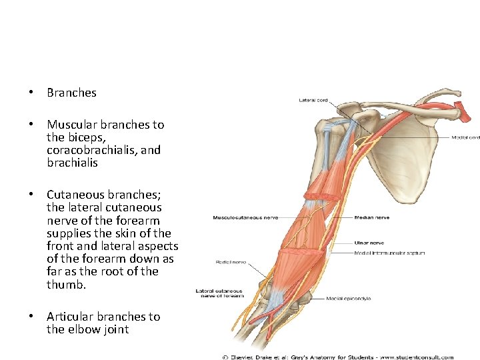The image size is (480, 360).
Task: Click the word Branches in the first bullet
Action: tap(71, 93)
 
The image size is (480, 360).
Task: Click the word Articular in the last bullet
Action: tap(68, 317)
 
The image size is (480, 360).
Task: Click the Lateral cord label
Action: tap(313, 101)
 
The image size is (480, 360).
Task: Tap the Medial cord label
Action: tap(465, 138)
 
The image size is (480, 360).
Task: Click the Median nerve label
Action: tap(371, 217)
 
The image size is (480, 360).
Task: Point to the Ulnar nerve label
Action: tap(368, 243)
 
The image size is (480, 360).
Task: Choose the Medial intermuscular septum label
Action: tap(389, 253)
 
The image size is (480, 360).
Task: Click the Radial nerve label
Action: tap(229, 263)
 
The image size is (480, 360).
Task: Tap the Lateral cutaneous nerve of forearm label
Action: tap(219, 293)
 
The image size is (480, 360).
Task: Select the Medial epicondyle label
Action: tap(348, 298)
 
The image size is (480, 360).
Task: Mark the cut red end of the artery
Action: tap(466, 113)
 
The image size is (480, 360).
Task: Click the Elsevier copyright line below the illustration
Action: tap(338, 357)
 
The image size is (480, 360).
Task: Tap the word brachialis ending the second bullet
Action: tap(72, 162)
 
